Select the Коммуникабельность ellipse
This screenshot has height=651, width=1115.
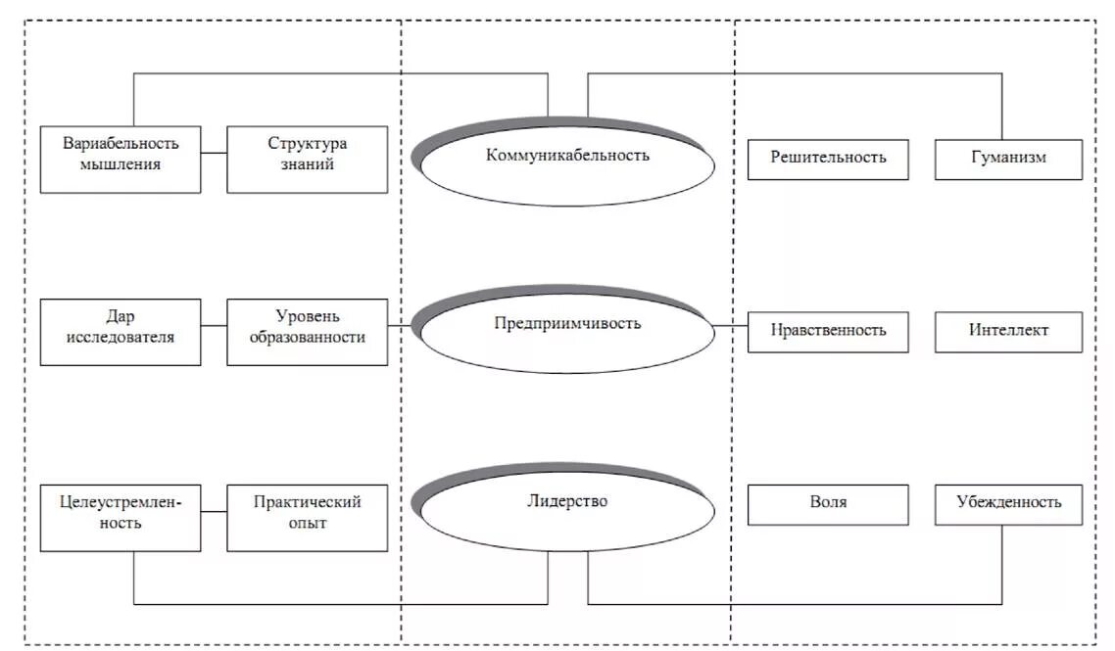click(x=567, y=162)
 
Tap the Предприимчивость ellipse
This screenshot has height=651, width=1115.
click(x=567, y=330)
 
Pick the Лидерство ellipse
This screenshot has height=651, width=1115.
click(x=567, y=507)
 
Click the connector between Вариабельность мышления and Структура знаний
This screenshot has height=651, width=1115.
click(x=214, y=154)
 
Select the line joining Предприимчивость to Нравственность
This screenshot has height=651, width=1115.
click(x=731, y=326)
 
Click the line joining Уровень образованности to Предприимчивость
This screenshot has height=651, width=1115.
click(x=402, y=325)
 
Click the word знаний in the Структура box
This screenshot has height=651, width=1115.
click(x=307, y=165)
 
